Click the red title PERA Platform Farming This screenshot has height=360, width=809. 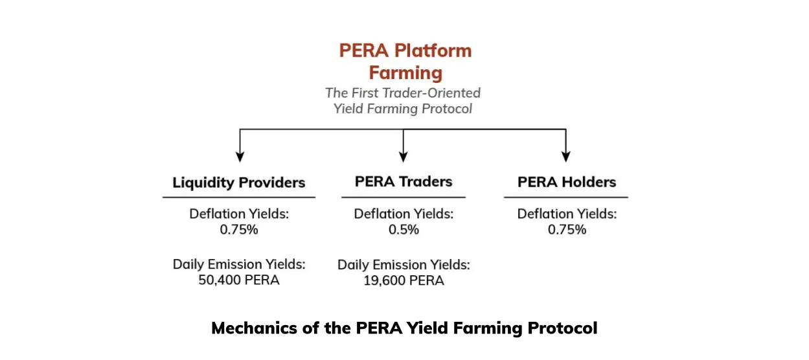[x=405, y=62]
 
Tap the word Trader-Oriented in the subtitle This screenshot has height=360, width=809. [x=431, y=93]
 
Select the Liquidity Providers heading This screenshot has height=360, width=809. [x=239, y=183]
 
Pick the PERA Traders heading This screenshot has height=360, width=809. [x=404, y=181]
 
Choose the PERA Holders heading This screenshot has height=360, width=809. [x=567, y=182]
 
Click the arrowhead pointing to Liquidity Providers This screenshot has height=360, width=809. [x=240, y=157]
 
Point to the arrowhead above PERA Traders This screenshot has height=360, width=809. [x=403, y=157]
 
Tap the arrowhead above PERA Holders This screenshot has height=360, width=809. [x=566, y=157]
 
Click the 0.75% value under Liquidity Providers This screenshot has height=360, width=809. [x=239, y=230]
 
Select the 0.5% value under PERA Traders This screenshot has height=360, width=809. [x=404, y=230]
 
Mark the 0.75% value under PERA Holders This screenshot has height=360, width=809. [x=567, y=230]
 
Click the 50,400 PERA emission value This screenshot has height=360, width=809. [x=239, y=280]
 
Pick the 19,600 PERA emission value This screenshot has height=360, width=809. [x=404, y=280]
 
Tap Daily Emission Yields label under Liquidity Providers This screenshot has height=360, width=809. [x=239, y=264]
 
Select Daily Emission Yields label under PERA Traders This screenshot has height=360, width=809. [x=404, y=265]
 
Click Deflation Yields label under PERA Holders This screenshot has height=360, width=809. [x=567, y=214]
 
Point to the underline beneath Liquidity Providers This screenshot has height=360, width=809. [x=239, y=197]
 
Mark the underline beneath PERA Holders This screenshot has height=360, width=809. [x=566, y=197]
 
